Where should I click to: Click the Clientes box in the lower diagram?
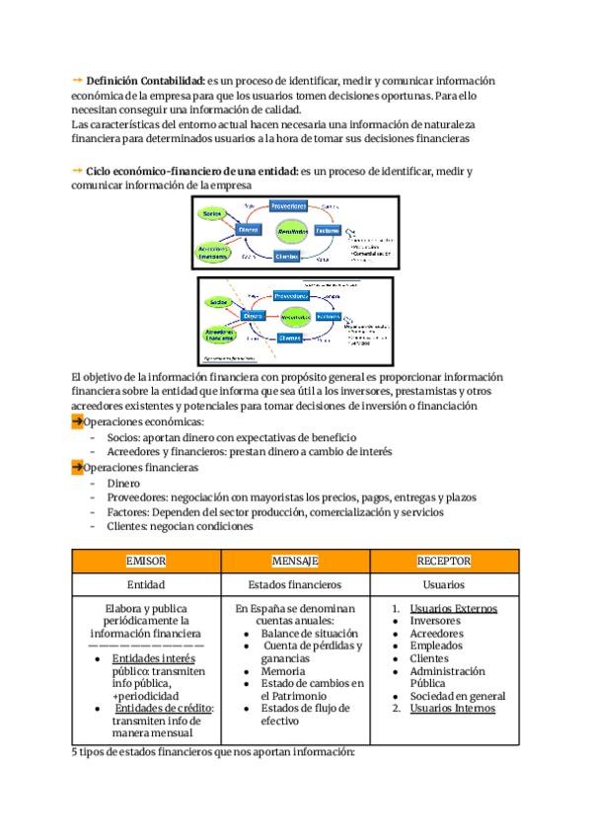click(x=289, y=338)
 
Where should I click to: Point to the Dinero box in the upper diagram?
click(x=249, y=229)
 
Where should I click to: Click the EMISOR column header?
click(x=146, y=561)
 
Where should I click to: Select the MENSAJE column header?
click(x=294, y=561)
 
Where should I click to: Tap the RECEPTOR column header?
click(x=443, y=561)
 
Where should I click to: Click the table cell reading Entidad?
click(x=146, y=584)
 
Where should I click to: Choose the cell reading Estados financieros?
click(x=294, y=584)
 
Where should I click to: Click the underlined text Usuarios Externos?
click(x=453, y=609)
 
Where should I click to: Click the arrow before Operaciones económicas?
click(x=77, y=422)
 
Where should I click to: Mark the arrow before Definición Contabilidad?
click(x=77, y=80)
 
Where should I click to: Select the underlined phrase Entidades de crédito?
click(x=164, y=708)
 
